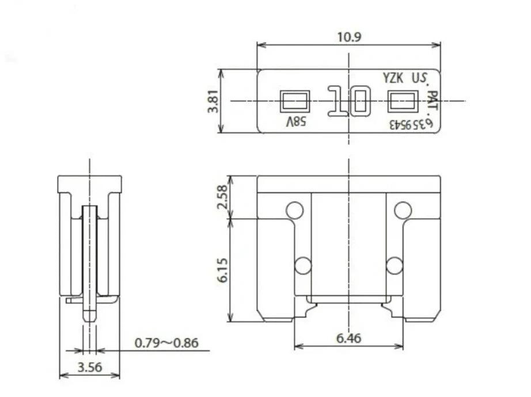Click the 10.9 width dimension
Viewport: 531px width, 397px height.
point(349,37)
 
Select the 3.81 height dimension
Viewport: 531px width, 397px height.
point(213,101)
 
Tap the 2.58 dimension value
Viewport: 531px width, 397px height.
point(222,197)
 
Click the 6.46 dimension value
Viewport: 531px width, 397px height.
point(349,338)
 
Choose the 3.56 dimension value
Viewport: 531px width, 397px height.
point(90,367)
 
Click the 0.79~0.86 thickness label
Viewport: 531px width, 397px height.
point(166,343)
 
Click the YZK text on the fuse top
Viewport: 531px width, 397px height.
point(393,78)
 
